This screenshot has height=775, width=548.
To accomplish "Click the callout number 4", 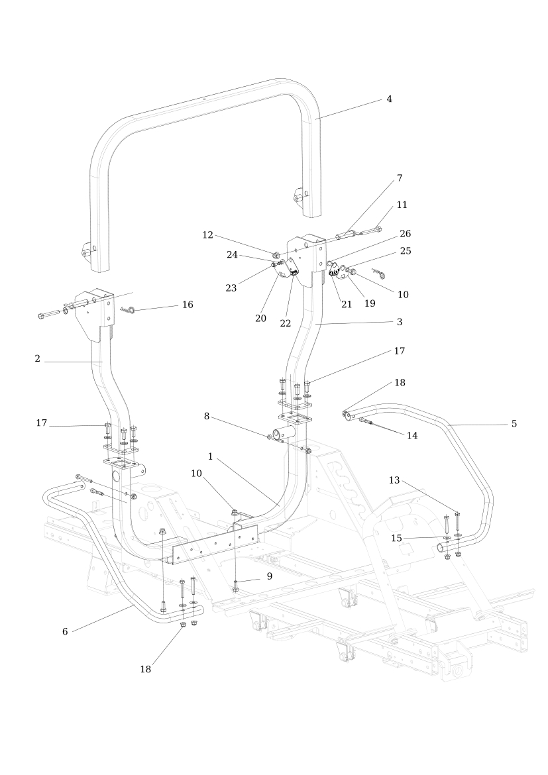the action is [389, 99].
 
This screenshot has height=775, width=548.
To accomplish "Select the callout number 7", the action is [400, 178].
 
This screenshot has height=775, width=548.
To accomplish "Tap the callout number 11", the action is [402, 205].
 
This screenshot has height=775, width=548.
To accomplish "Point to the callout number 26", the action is [405, 233].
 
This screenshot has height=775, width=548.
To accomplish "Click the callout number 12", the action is [207, 234].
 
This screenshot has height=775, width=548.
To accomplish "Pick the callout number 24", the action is [232, 255].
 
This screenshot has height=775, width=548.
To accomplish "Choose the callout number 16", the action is [188, 305].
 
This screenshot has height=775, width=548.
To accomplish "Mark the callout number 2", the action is [38, 359].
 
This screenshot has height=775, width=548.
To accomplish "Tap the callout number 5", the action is [514, 423].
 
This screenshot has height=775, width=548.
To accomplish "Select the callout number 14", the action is [412, 435].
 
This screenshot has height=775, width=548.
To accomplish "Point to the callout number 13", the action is [394, 480].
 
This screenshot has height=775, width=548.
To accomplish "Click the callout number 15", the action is [397, 539].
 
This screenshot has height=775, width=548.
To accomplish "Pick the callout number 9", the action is [270, 576].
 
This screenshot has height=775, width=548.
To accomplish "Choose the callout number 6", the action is [65, 632].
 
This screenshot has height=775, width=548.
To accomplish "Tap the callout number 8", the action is [207, 416].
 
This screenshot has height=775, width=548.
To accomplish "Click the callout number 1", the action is [210, 456].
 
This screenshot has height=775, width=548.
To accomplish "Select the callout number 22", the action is [286, 323].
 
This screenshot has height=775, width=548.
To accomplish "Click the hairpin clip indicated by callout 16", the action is [128, 310].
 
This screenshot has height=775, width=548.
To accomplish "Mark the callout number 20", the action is [260, 319].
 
